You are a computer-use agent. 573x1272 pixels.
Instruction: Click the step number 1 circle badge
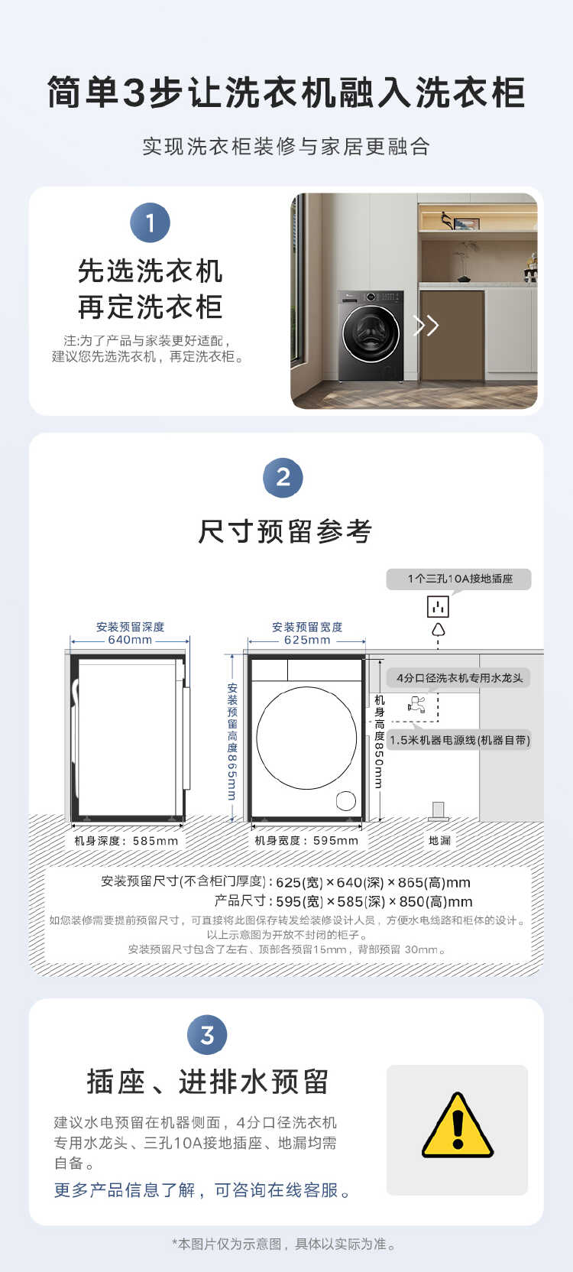(x=150, y=222)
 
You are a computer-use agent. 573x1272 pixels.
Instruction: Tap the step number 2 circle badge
(x=283, y=478)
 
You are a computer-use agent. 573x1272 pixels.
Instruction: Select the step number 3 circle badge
(x=207, y=1035)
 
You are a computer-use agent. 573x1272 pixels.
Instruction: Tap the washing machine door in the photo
(x=371, y=333)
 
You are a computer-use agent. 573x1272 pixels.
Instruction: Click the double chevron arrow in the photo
(x=426, y=326)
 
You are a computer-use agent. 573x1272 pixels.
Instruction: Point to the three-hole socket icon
(x=438, y=607)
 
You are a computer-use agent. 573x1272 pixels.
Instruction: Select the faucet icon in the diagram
(x=416, y=704)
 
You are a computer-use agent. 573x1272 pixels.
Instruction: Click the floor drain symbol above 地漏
(x=438, y=810)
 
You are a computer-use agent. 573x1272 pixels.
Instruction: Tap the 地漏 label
(x=439, y=840)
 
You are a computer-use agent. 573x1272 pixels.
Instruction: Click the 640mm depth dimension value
(x=130, y=640)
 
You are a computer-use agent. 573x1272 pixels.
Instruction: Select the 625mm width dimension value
(x=307, y=640)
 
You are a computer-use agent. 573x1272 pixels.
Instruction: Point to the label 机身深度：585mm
(x=126, y=840)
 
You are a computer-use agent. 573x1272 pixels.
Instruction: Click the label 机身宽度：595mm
(x=306, y=840)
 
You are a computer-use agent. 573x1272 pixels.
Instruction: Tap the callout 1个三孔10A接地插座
(x=459, y=579)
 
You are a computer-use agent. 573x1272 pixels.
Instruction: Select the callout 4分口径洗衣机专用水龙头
(x=459, y=678)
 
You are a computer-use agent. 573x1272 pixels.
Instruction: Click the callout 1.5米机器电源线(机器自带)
(x=459, y=740)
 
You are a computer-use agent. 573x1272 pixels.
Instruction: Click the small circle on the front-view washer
(x=345, y=800)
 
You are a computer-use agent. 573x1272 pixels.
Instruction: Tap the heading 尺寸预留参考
(x=286, y=531)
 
